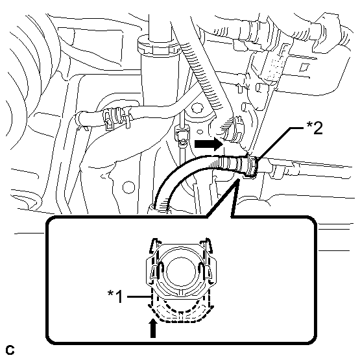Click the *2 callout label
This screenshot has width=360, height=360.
(x=315, y=128)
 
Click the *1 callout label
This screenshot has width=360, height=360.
(x=116, y=296)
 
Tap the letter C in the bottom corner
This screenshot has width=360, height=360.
(x=10, y=350)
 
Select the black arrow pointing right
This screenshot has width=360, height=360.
(x=209, y=144)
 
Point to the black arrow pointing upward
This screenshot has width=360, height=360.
(x=153, y=329)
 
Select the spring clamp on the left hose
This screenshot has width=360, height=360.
(x=115, y=117)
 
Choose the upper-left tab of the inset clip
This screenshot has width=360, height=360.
(x=154, y=245)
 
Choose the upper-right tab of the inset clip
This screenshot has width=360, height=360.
(x=206, y=245)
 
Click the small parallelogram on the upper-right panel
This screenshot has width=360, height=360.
(x=304, y=67)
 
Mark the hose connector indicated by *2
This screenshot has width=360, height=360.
(x=252, y=165)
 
